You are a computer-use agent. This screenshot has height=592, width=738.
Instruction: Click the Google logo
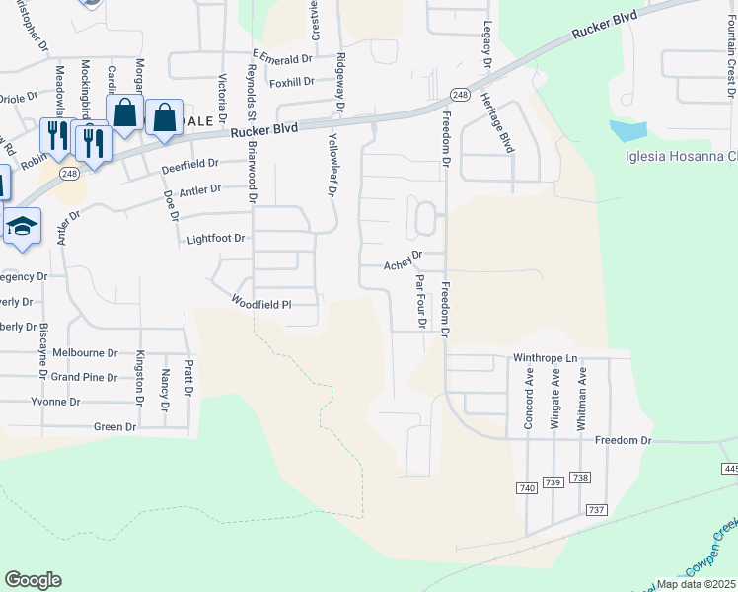[33, 580]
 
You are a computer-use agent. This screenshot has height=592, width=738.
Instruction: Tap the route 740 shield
[526, 489]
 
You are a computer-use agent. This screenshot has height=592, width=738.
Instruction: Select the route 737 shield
[596, 509]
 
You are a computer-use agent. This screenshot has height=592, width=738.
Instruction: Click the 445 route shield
[730, 468]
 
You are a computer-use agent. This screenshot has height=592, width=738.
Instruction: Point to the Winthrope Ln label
[544, 358]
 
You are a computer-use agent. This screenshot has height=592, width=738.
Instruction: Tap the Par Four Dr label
[420, 302]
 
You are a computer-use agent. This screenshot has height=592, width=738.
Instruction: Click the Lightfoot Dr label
[214, 240]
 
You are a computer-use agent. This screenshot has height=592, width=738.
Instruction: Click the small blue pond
[628, 130]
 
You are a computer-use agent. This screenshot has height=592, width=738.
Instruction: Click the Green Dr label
[113, 426]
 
